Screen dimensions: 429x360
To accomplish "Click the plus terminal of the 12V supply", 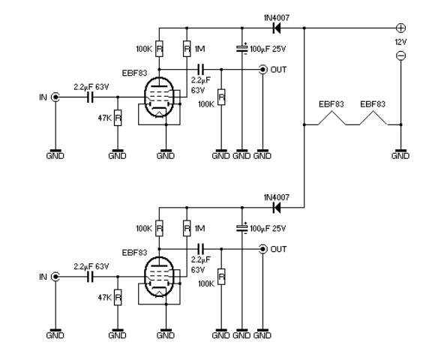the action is point(400,28).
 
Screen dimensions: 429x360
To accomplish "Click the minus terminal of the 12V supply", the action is point(400,55).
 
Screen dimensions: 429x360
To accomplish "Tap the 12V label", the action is point(400,42).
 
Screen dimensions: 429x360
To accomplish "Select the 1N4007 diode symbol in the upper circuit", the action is point(277,28).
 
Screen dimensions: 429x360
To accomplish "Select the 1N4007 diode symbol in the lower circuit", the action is point(277,208).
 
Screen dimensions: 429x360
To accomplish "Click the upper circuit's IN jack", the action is point(55,97).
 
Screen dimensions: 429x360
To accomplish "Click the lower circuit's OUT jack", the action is point(262,249).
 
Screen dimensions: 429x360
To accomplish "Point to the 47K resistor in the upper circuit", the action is point(118,118).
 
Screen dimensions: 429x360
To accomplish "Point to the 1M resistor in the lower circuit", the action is point(187,228).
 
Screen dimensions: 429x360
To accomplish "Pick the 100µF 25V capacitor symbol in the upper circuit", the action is point(241,49).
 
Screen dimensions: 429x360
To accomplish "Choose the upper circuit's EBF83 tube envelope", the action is point(159,97).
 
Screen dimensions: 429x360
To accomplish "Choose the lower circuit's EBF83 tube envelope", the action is point(159,277).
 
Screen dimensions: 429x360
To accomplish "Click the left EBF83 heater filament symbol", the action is point(331,118).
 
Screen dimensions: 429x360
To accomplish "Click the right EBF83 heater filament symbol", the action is point(373,118).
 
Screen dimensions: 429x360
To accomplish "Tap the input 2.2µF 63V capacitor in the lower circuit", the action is point(90,277).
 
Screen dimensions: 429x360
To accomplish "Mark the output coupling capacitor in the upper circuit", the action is point(200,70).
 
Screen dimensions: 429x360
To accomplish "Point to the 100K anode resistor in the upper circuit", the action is point(159,49).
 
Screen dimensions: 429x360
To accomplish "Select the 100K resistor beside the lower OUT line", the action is point(221,277).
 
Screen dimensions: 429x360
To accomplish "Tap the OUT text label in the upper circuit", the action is point(278,70).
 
